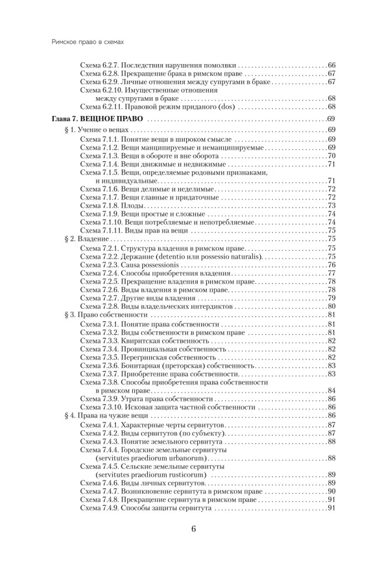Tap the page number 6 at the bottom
coord(194,529)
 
